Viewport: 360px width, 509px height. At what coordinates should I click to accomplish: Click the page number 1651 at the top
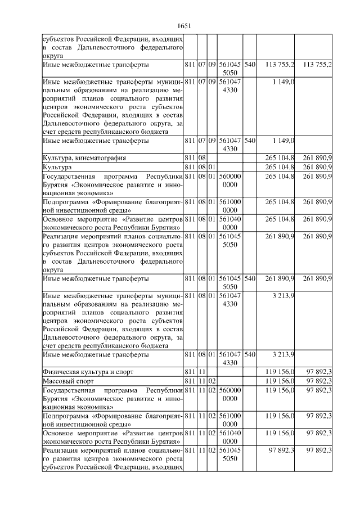pos(185,25)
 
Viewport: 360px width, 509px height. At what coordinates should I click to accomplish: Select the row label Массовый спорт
pos(66,381)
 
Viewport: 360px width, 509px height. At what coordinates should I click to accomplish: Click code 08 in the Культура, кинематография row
pos(201,157)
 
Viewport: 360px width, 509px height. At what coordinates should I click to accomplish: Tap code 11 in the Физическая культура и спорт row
pos(201,372)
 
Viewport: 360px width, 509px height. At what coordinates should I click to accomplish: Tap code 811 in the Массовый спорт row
pos(190,381)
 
